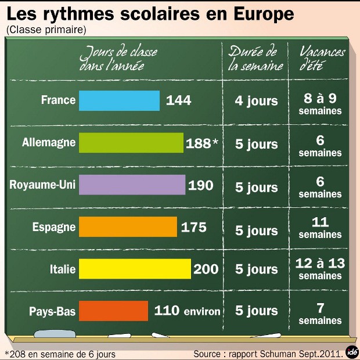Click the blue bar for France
click(x=119, y=100)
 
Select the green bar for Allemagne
click(x=131, y=143)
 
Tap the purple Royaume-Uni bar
click(x=132, y=185)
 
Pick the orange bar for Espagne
click(x=128, y=227)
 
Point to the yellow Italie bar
click(x=135, y=269)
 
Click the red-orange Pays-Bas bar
click(x=113, y=311)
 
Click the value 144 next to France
click(x=178, y=100)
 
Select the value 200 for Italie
click(x=206, y=269)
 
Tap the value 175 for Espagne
click(x=193, y=227)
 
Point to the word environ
click(x=201, y=312)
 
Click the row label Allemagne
click(x=49, y=142)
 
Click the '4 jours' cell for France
click(x=256, y=101)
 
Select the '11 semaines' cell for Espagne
click(x=320, y=227)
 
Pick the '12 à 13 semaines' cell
click(x=320, y=269)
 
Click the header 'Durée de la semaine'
click(x=256, y=58)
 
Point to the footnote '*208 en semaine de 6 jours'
click(x=60, y=354)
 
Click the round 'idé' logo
click(x=351, y=351)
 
